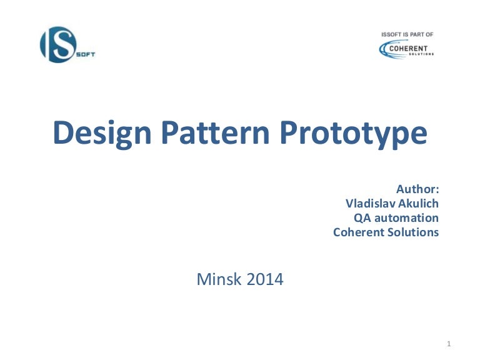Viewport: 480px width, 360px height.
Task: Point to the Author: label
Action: pos(417,188)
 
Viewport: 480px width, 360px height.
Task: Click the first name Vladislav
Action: pos(371,203)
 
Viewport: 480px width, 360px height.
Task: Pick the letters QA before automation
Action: pos(362,218)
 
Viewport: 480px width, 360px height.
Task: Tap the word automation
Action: pos(406,218)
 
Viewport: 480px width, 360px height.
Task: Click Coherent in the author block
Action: pos(359,232)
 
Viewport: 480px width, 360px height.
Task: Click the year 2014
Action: pos(264,279)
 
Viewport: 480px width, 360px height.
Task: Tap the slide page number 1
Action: pos(449,344)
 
